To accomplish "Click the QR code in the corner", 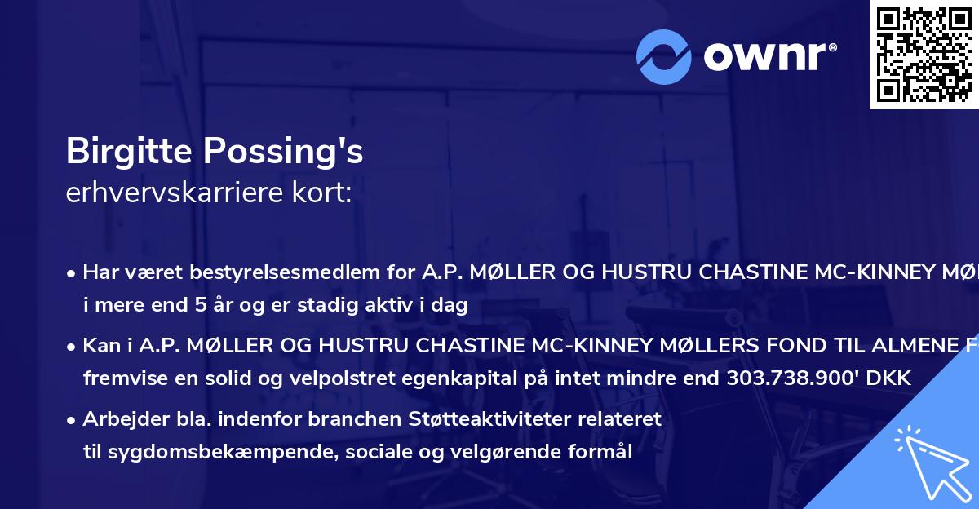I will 924,54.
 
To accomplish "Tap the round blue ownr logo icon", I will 663,57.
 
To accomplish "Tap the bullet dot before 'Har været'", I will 72,272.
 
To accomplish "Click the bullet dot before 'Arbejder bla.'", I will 72,421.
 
